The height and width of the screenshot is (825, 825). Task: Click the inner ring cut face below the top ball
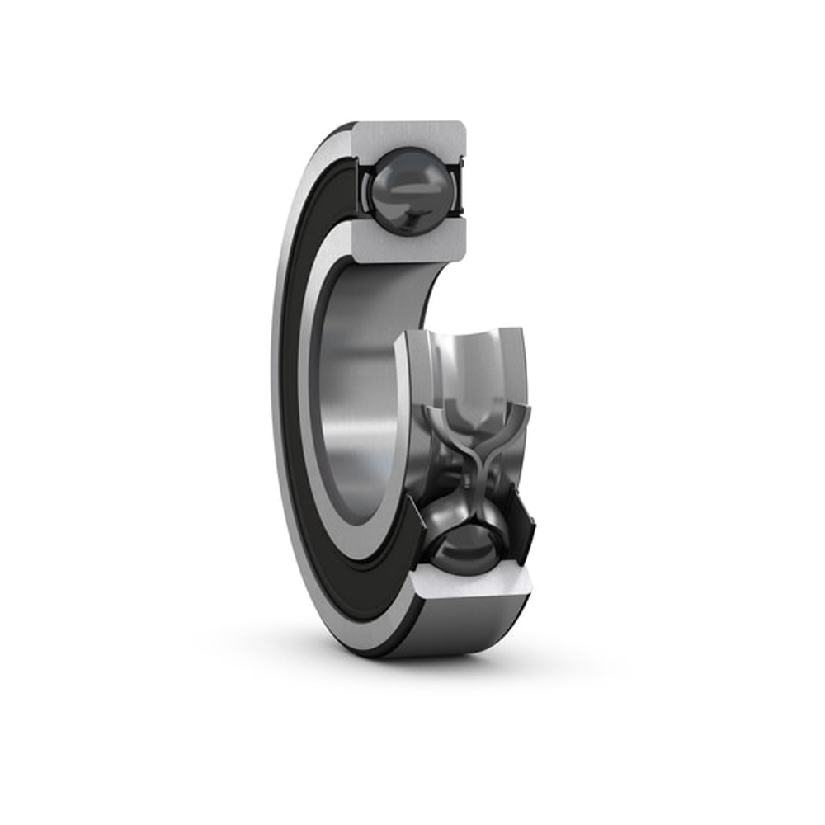[x=408, y=239]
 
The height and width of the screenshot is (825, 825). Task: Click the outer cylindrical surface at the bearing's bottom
[x=462, y=631]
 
